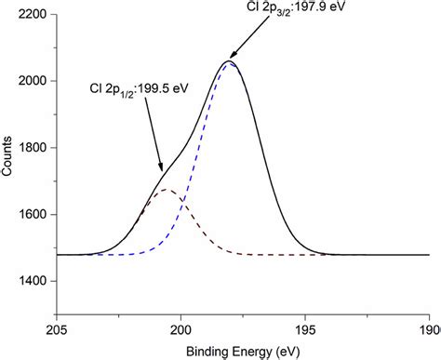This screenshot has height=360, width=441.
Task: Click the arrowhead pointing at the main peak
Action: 227,60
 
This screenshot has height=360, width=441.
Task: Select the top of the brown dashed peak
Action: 167,190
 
